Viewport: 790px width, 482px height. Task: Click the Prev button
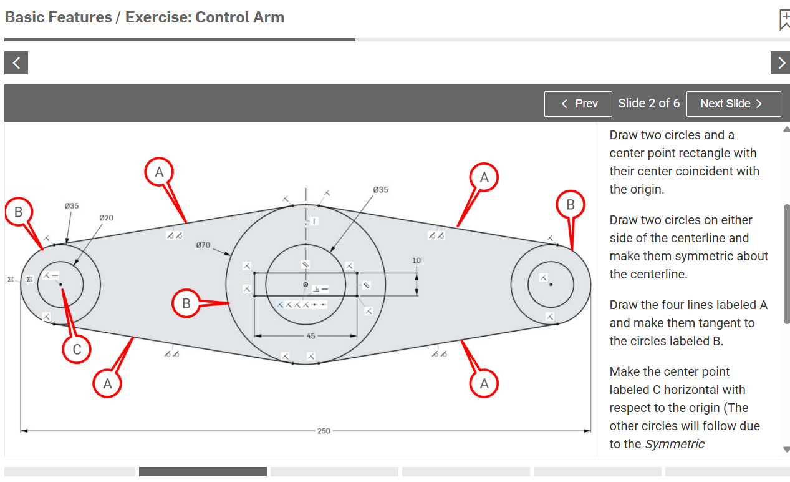[578, 104]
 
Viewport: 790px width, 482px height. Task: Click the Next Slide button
[733, 104]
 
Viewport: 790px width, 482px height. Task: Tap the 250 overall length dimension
[324, 431]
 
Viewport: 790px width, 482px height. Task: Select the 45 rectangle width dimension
[311, 336]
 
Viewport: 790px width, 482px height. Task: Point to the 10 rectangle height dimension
[417, 260]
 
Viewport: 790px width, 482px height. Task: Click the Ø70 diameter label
[203, 245]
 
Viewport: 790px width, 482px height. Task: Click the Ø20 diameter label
[106, 217]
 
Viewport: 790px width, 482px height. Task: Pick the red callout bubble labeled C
[77, 349]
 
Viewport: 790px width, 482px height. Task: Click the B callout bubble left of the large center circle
[186, 303]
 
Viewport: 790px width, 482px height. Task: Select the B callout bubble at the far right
[571, 204]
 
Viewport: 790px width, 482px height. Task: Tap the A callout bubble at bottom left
[107, 383]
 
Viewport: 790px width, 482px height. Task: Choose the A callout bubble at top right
[484, 177]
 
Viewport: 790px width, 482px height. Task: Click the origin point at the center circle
[306, 285]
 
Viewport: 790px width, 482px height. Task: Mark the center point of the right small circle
[551, 285]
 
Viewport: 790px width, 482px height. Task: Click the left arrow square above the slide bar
[16, 63]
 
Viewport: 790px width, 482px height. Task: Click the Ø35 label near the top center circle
[380, 190]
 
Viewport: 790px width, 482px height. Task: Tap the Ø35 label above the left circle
[72, 206]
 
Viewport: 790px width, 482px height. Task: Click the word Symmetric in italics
[675, 444]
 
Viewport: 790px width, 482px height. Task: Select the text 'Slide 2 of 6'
[649, 103]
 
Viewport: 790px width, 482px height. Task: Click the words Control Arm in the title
[240, 17]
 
